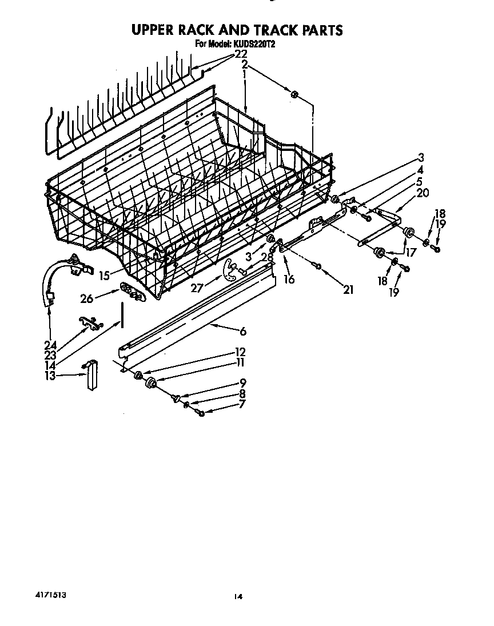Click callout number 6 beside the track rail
pos(243,330)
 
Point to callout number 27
pos(197,288)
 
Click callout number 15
pos(104,276)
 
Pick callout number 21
pos(348,290)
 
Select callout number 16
pos(289,279)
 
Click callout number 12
pos(241,352)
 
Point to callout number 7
pos(242,405)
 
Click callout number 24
pos(50,345)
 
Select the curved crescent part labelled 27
pos(230,269)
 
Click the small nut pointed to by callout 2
pos(294,94)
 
